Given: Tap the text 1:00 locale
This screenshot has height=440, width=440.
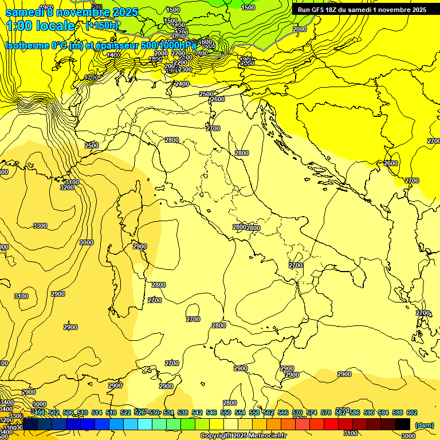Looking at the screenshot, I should pos(40,26).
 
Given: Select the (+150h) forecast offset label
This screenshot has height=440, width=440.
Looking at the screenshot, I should pos(101,26).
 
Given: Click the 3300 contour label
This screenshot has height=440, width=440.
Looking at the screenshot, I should pos(40,226).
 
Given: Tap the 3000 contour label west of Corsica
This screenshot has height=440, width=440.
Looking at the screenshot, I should pos(86,242).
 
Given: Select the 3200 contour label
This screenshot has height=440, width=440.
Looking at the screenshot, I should pos(66,187).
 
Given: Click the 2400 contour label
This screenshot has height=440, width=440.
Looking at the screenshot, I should pos(182,84).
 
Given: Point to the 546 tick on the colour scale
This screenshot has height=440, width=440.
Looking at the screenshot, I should pos(211,412).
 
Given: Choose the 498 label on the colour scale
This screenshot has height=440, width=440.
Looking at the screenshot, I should pos(38,412).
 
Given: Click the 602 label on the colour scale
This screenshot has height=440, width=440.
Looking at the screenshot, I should pos(411,412).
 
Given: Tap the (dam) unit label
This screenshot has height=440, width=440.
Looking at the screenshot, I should pos(424,425).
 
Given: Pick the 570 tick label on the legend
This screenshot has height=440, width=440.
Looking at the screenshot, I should pos(297,412).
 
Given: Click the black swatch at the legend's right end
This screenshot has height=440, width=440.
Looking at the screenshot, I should pos(403,424).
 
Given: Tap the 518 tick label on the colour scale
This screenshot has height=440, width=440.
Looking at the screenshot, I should pos(111,412).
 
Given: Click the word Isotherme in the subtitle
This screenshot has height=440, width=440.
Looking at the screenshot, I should pos(27,45).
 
